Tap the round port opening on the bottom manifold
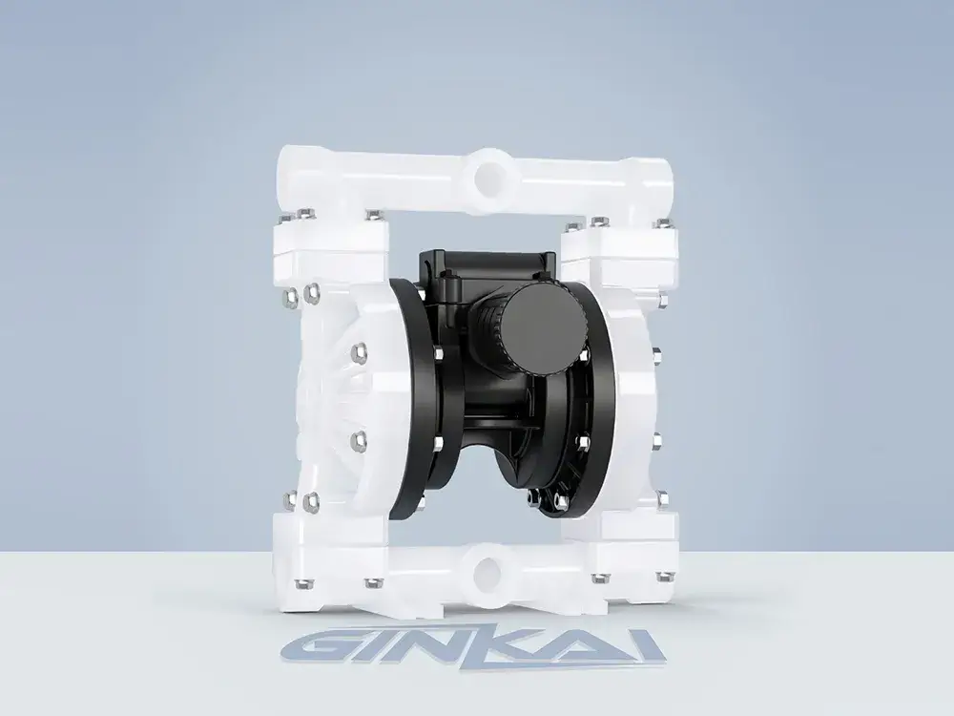[490, 571]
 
